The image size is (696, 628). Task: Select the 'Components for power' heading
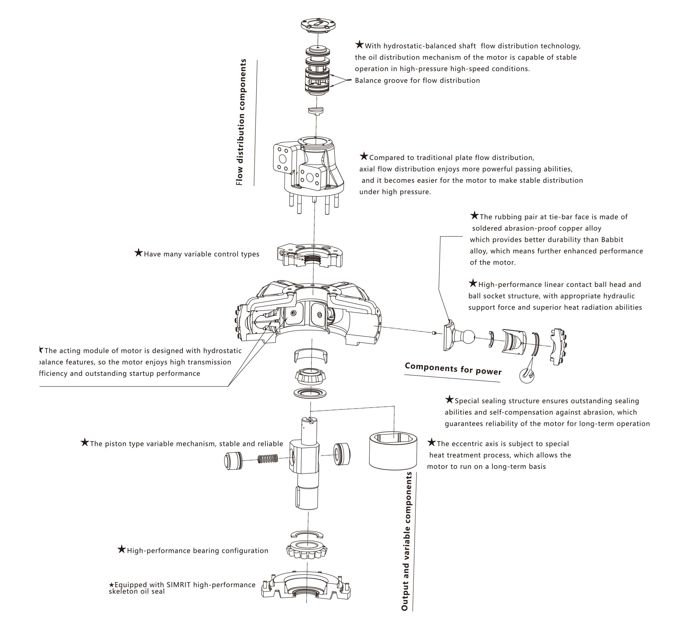coord(453,369)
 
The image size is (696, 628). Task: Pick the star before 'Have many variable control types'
coord(138,253)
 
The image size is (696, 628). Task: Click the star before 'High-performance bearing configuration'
coord(121,549)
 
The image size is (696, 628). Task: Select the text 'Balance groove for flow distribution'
coord(417,80)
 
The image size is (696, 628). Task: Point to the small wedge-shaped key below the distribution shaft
coord(315,110)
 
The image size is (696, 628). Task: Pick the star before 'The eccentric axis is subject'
coord(431,443)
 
